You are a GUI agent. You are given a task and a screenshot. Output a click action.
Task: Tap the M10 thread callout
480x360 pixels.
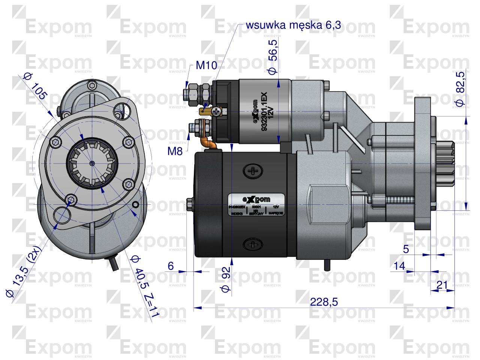coord(206,66)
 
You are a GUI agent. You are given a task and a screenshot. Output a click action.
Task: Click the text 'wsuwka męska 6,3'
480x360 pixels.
coord(293,25)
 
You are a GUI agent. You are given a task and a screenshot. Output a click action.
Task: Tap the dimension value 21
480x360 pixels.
coord(442,285)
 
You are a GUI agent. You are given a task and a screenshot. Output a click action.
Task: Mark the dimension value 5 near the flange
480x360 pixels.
coord(406,249)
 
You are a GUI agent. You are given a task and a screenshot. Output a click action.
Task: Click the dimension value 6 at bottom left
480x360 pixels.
coord(171,266)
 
